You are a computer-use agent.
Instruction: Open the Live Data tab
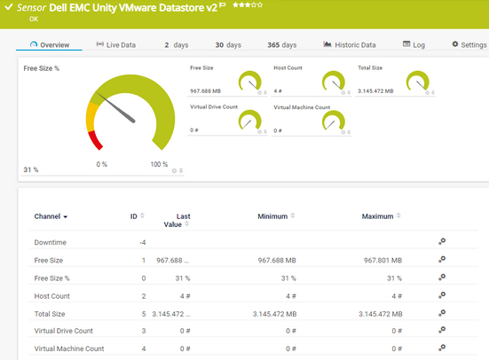click(115, 44)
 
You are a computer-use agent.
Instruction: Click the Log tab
click(414, 44)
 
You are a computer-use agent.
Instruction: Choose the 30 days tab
click(228, 44)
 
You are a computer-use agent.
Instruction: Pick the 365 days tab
click(282, 44)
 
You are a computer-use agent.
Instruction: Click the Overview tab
click(50, 44)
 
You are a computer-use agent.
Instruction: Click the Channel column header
click(51, 216)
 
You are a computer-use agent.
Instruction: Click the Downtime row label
click(50, 242)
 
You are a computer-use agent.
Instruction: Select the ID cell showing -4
click(142, 242)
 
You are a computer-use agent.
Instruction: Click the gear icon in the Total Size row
click(442, 313)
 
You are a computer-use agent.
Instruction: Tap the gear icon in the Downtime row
click(442, 242)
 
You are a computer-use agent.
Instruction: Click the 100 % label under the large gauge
click(159, 164)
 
